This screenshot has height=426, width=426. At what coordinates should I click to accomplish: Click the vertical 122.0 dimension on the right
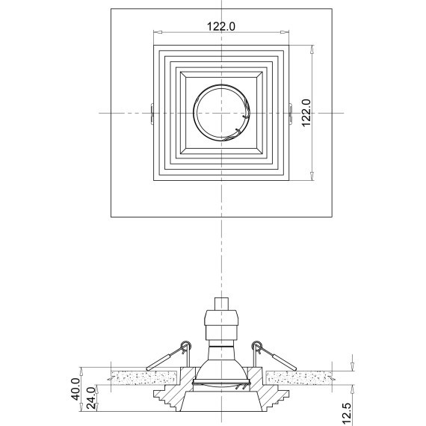(305, 112)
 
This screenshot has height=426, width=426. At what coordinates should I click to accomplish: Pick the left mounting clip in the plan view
(152, 112)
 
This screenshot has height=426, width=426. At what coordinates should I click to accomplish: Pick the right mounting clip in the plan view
(290, 112)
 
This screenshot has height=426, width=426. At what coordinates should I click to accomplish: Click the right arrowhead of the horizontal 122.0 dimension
(287, 32)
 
